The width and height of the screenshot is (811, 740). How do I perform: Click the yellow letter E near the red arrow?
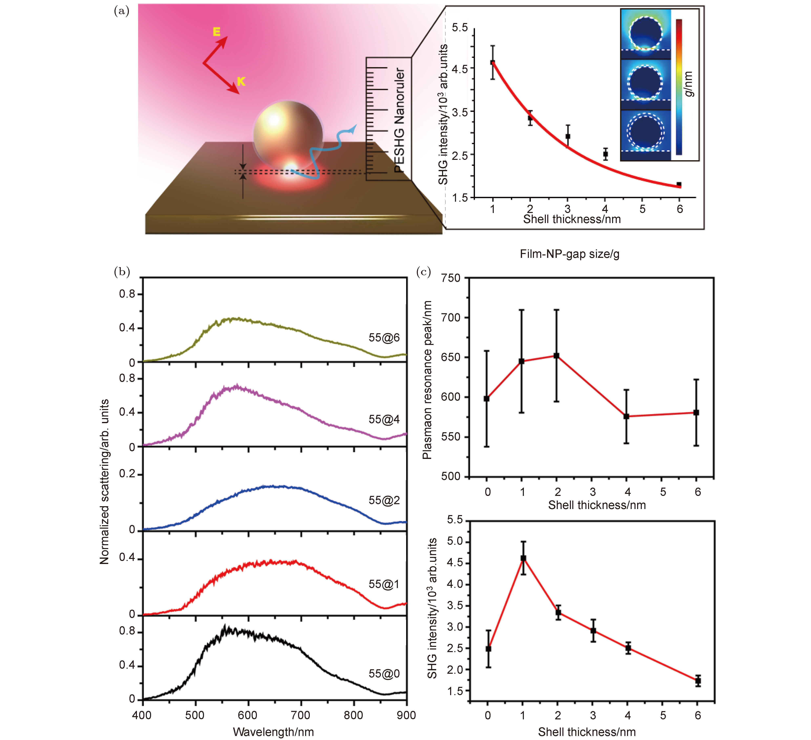[x=216, y=32]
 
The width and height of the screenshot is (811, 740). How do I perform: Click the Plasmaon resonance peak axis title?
[x=427, y=380]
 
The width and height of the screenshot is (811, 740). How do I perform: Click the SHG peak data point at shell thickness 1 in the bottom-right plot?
[x=523, y=558]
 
